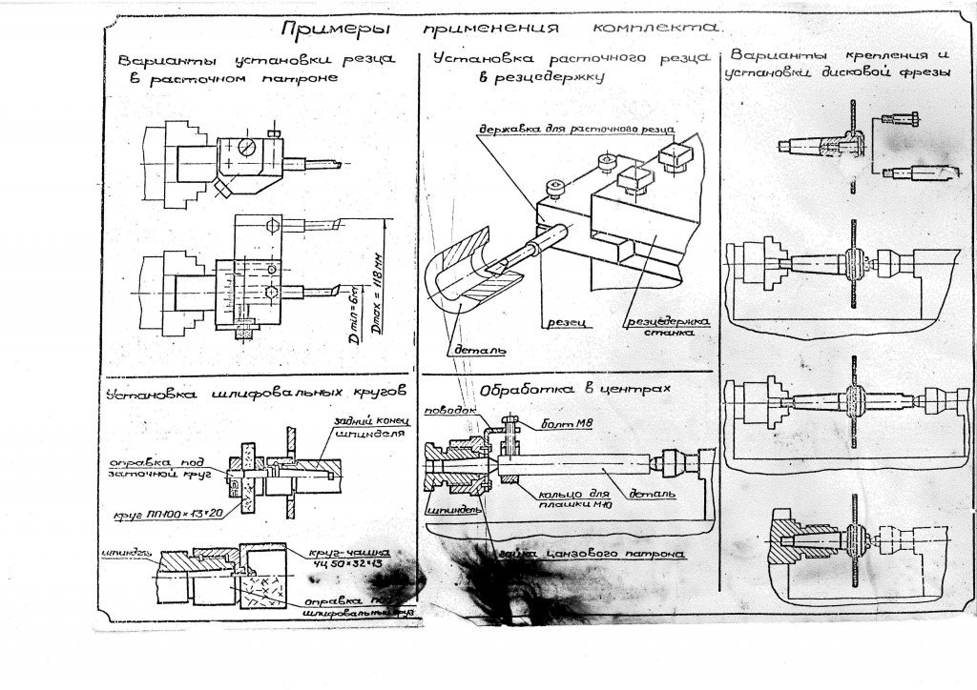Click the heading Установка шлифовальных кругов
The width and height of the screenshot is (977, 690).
(x=258, y=391)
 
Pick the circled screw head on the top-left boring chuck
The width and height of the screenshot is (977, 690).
(x=247, y=149)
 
